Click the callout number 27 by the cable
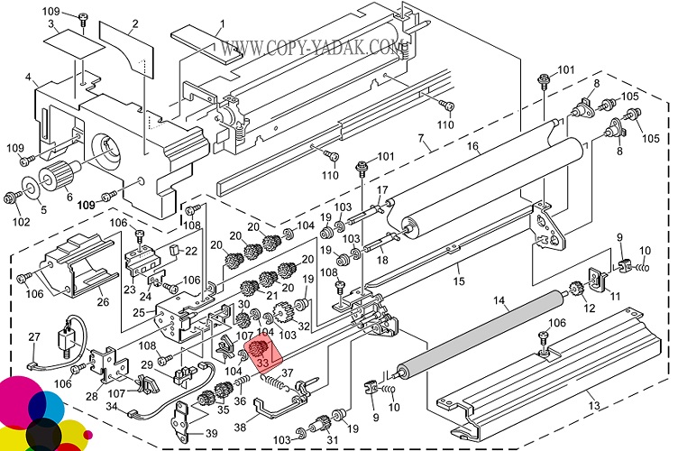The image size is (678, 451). point(34,336)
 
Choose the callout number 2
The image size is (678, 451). point(135,23)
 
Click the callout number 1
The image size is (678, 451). point(221,22)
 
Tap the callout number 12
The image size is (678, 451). point(589,309)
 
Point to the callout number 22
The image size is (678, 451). point(191,251)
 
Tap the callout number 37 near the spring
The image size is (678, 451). point(288,373)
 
